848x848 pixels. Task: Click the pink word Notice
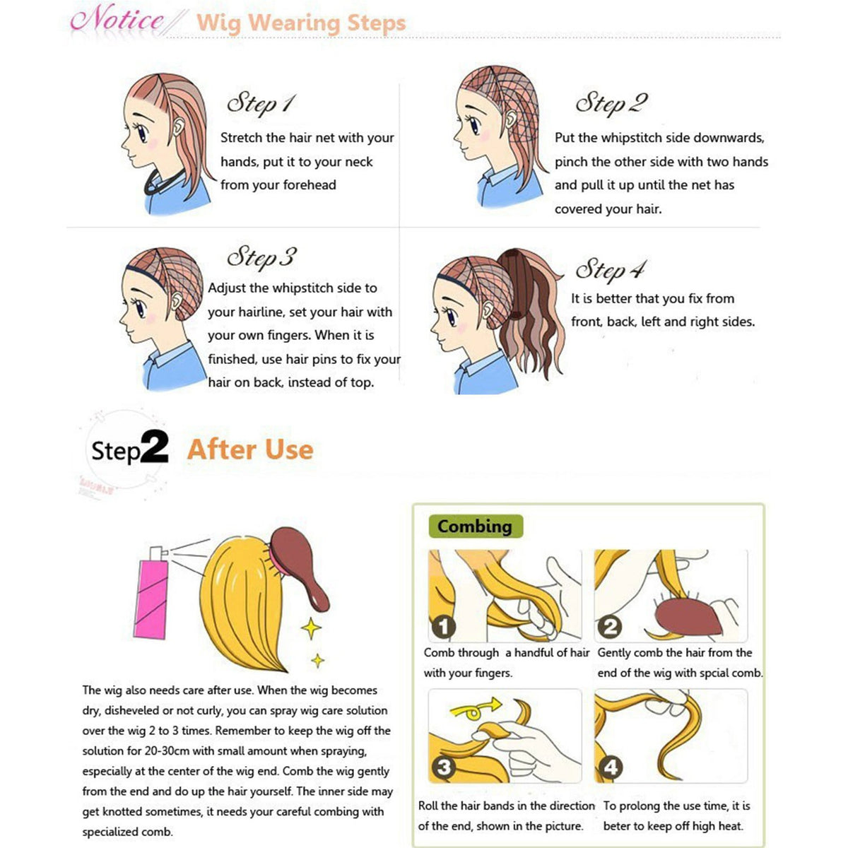click(x=117, y=20)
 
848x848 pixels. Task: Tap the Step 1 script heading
click(x=261, y=105)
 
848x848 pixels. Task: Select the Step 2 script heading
click(x=612, y=105)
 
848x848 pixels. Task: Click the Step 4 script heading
click(x=611, y=269)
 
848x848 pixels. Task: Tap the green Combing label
click(x=476, y=526)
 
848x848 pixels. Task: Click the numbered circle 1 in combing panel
click(x=444, y=627)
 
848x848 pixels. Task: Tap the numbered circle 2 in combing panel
click(x=610, y=627)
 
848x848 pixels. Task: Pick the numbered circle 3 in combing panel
click(x=444, y=767)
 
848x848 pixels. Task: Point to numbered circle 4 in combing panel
click(x=610, y=767)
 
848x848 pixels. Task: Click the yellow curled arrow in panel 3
click(x=476, y=709)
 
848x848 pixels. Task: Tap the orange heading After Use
click(x=250, y=450)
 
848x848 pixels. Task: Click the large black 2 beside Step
click(x=155, y=447)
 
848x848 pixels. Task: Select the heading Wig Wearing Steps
click(x=301, y=23)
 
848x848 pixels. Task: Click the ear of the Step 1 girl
click(x=178, y=126)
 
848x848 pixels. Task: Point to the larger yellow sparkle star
click(x=312, y=628)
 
